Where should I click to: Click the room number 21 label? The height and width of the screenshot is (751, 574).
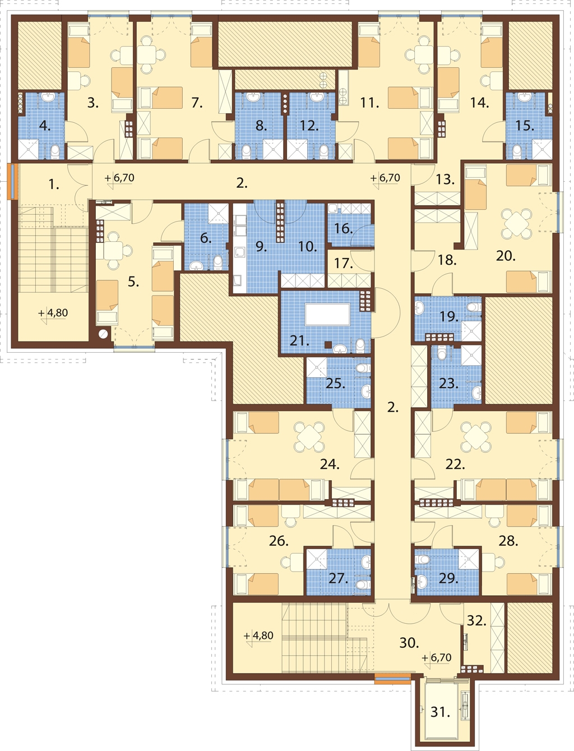pos(299,340)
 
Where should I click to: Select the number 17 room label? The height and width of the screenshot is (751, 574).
pos(343,263)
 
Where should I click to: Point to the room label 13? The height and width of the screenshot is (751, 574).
pos(445,179)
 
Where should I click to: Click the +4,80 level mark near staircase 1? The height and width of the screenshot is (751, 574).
pos(53,313)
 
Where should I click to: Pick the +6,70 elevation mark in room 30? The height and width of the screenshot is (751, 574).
pos(437,657)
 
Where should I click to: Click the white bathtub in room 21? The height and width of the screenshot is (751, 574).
pos(327,315)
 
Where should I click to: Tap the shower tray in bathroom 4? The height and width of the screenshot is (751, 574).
pos(29,149)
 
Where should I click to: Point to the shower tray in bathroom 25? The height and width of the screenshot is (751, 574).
pos(317,367)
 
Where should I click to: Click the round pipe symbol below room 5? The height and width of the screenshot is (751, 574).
pos(103,334)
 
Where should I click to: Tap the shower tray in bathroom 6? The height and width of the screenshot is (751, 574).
pos(218,214)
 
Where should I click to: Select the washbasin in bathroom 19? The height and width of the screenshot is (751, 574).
pos(419,307)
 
